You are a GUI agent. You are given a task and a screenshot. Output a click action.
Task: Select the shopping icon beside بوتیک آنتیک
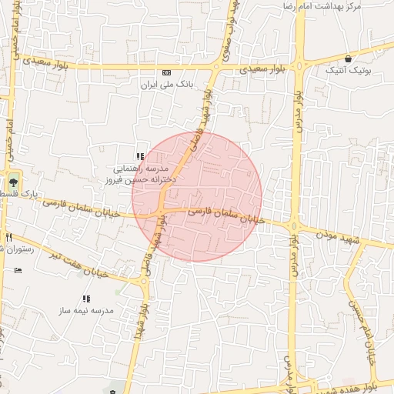(x=349, y=58)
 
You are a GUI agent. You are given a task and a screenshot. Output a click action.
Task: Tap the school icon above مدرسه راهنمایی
(x=140, y=156)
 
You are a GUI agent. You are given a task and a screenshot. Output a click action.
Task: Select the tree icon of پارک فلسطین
(x=12, y=182)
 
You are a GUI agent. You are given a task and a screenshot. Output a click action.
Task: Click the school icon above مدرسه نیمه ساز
(x=86, y=298)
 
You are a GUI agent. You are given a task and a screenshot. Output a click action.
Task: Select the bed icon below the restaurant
(x=18, y=270)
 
